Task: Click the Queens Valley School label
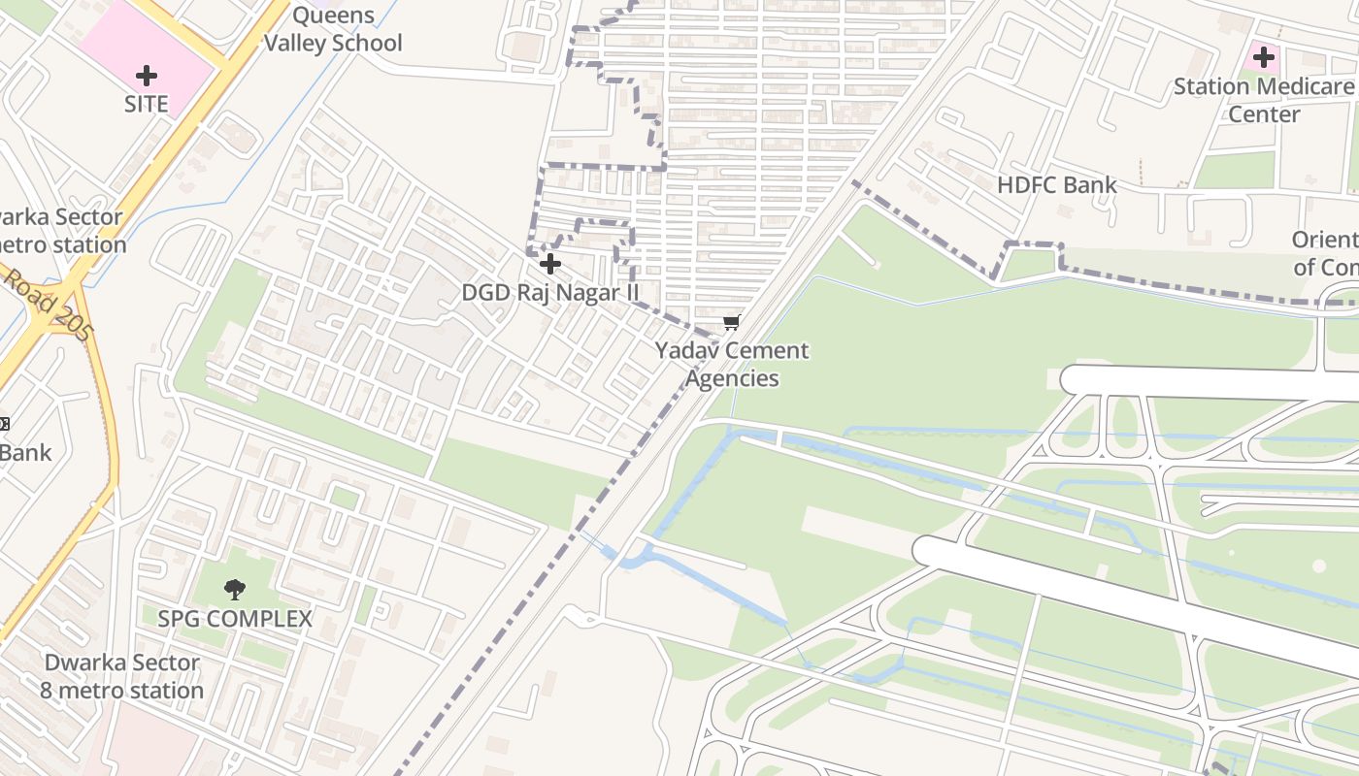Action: pyautogui.click(x=333, y=29)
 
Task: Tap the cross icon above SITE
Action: pyautogui.click(x=147, y=75)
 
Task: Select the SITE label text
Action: pyautogui.click(x=147, y=104)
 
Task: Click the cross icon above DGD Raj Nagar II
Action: pyautogui.click(x=550, y=264)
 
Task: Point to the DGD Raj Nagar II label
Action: pyautogui.click(x=550, y=292)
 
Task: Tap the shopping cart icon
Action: pyautogui.click(x=731, y=323)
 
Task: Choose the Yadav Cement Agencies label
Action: pyautogui.click(x=732, y=364)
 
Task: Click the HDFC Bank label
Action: pyautogui.click(x=1057, y=184)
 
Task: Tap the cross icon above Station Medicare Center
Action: pyautogui.click(x=1263, y=57)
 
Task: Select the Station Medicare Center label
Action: pyautogui.click(x=1264, y=100)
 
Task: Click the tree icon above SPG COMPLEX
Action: pyautogui.click(x=234, y=589)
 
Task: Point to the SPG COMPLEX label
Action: pyautogui.click(x=235, y=619)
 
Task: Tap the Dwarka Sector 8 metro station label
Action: pyautogui.click(x=122, y=676)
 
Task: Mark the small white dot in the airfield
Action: pyautogui.click(x=1318, y=566)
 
